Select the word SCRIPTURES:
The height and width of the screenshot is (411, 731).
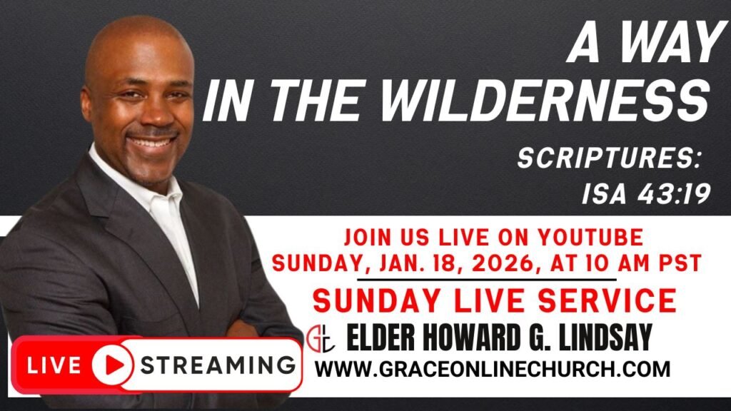[610, 158]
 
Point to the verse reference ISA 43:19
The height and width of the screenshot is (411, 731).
[646, 193]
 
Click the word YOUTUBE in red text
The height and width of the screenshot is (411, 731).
[590, 238]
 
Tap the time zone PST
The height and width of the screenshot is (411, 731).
[680, 264]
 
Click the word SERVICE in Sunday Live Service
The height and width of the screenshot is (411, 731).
[607, 300]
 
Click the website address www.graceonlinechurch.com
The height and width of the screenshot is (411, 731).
[493, 369]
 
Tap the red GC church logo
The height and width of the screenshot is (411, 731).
[321, 339]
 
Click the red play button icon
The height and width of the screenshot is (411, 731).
[112, 365]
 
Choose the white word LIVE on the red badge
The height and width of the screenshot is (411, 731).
[54, 365]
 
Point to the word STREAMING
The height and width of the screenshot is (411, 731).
[218, 365]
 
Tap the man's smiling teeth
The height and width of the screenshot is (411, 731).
[151, 141]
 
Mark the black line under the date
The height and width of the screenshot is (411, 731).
[487, 280]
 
